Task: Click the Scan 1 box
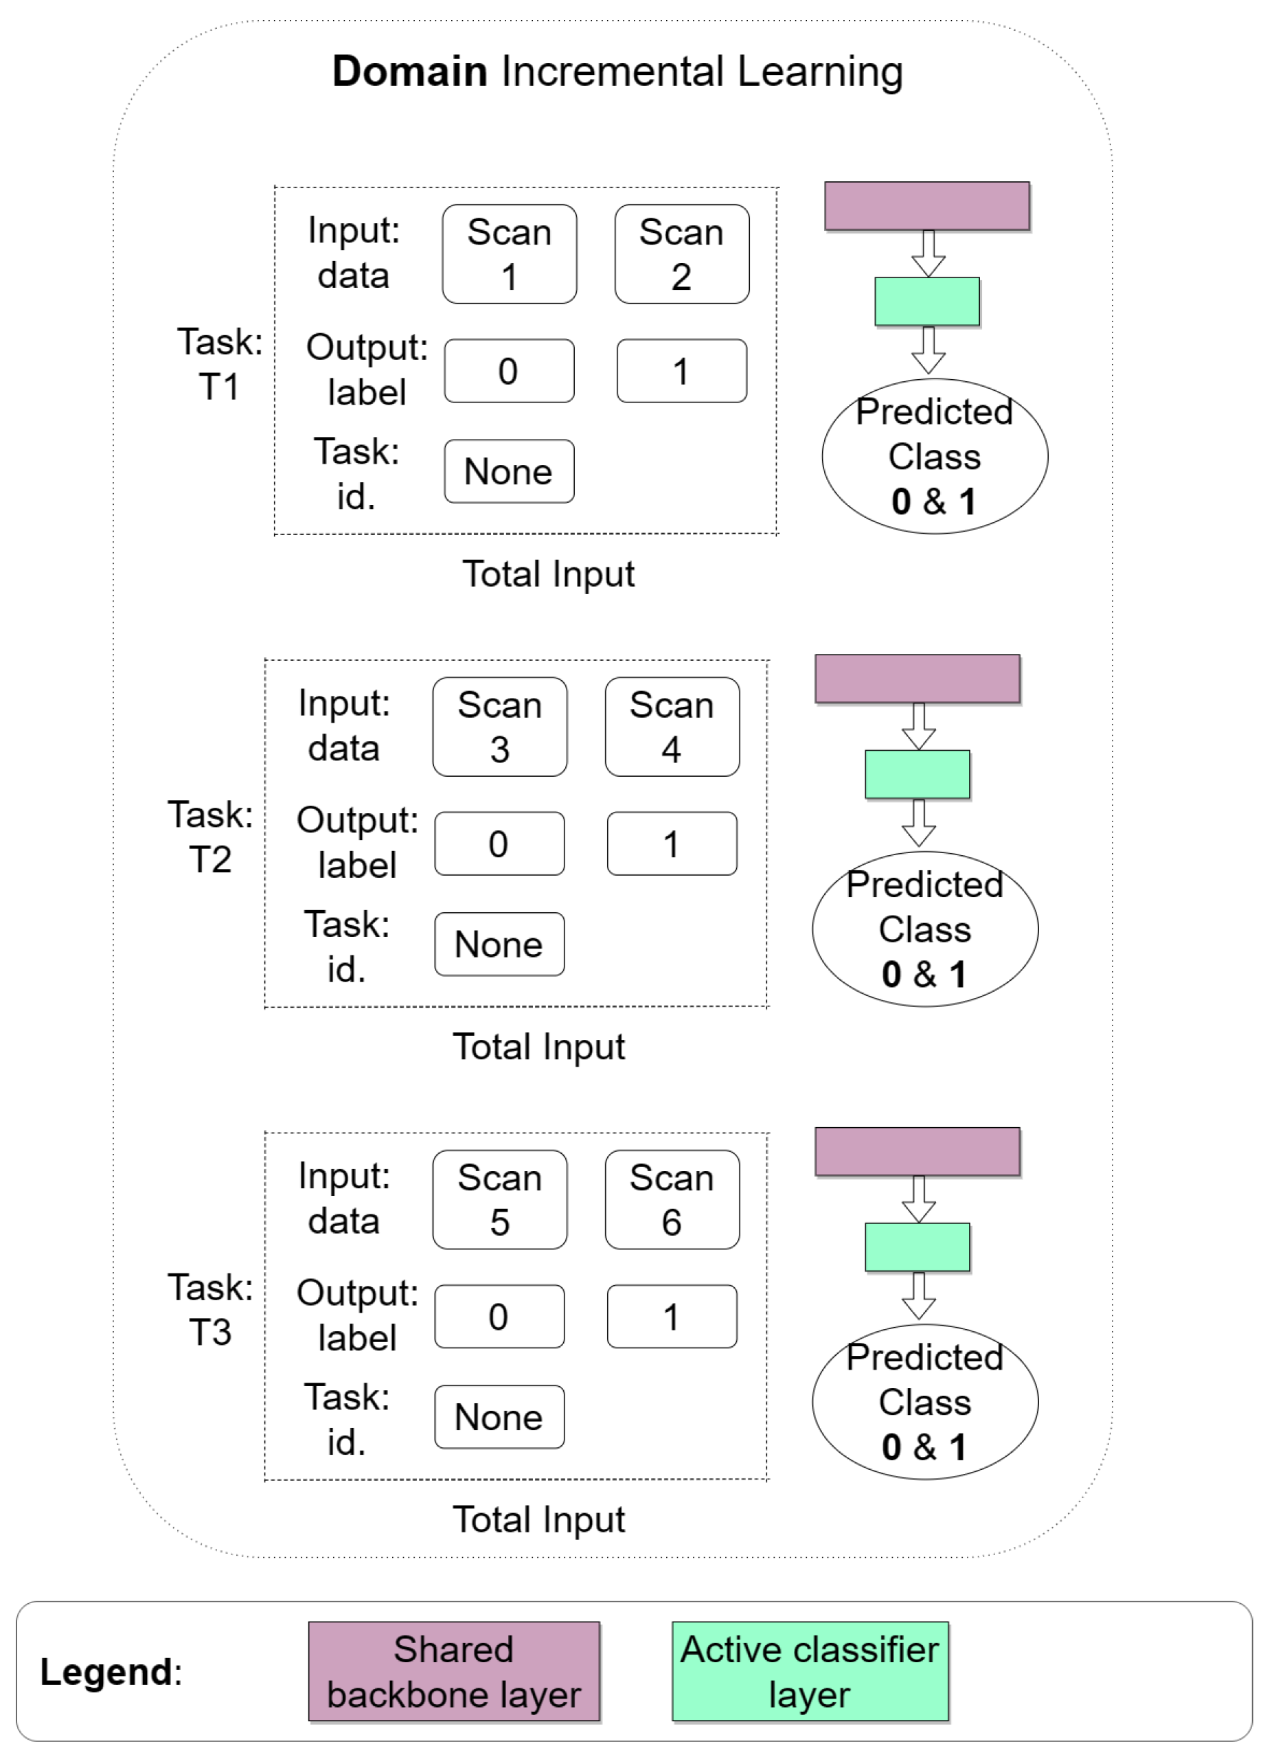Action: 509,254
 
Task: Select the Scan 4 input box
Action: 672,727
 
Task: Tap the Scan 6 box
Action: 672,1199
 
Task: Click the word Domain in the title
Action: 409,71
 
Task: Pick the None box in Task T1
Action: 509,471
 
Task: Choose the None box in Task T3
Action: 499,1417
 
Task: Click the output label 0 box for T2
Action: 499,843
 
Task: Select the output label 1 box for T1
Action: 681,370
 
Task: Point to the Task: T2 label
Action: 210,837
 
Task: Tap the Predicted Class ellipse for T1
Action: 934,456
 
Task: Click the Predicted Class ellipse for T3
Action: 924,1401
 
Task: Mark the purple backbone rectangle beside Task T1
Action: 926,206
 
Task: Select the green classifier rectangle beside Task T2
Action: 918,774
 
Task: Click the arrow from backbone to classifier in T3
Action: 918,1199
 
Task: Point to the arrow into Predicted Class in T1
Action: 927,350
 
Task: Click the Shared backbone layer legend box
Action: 454,1671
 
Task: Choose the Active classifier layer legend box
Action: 810,1671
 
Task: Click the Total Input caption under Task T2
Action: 538,1047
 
